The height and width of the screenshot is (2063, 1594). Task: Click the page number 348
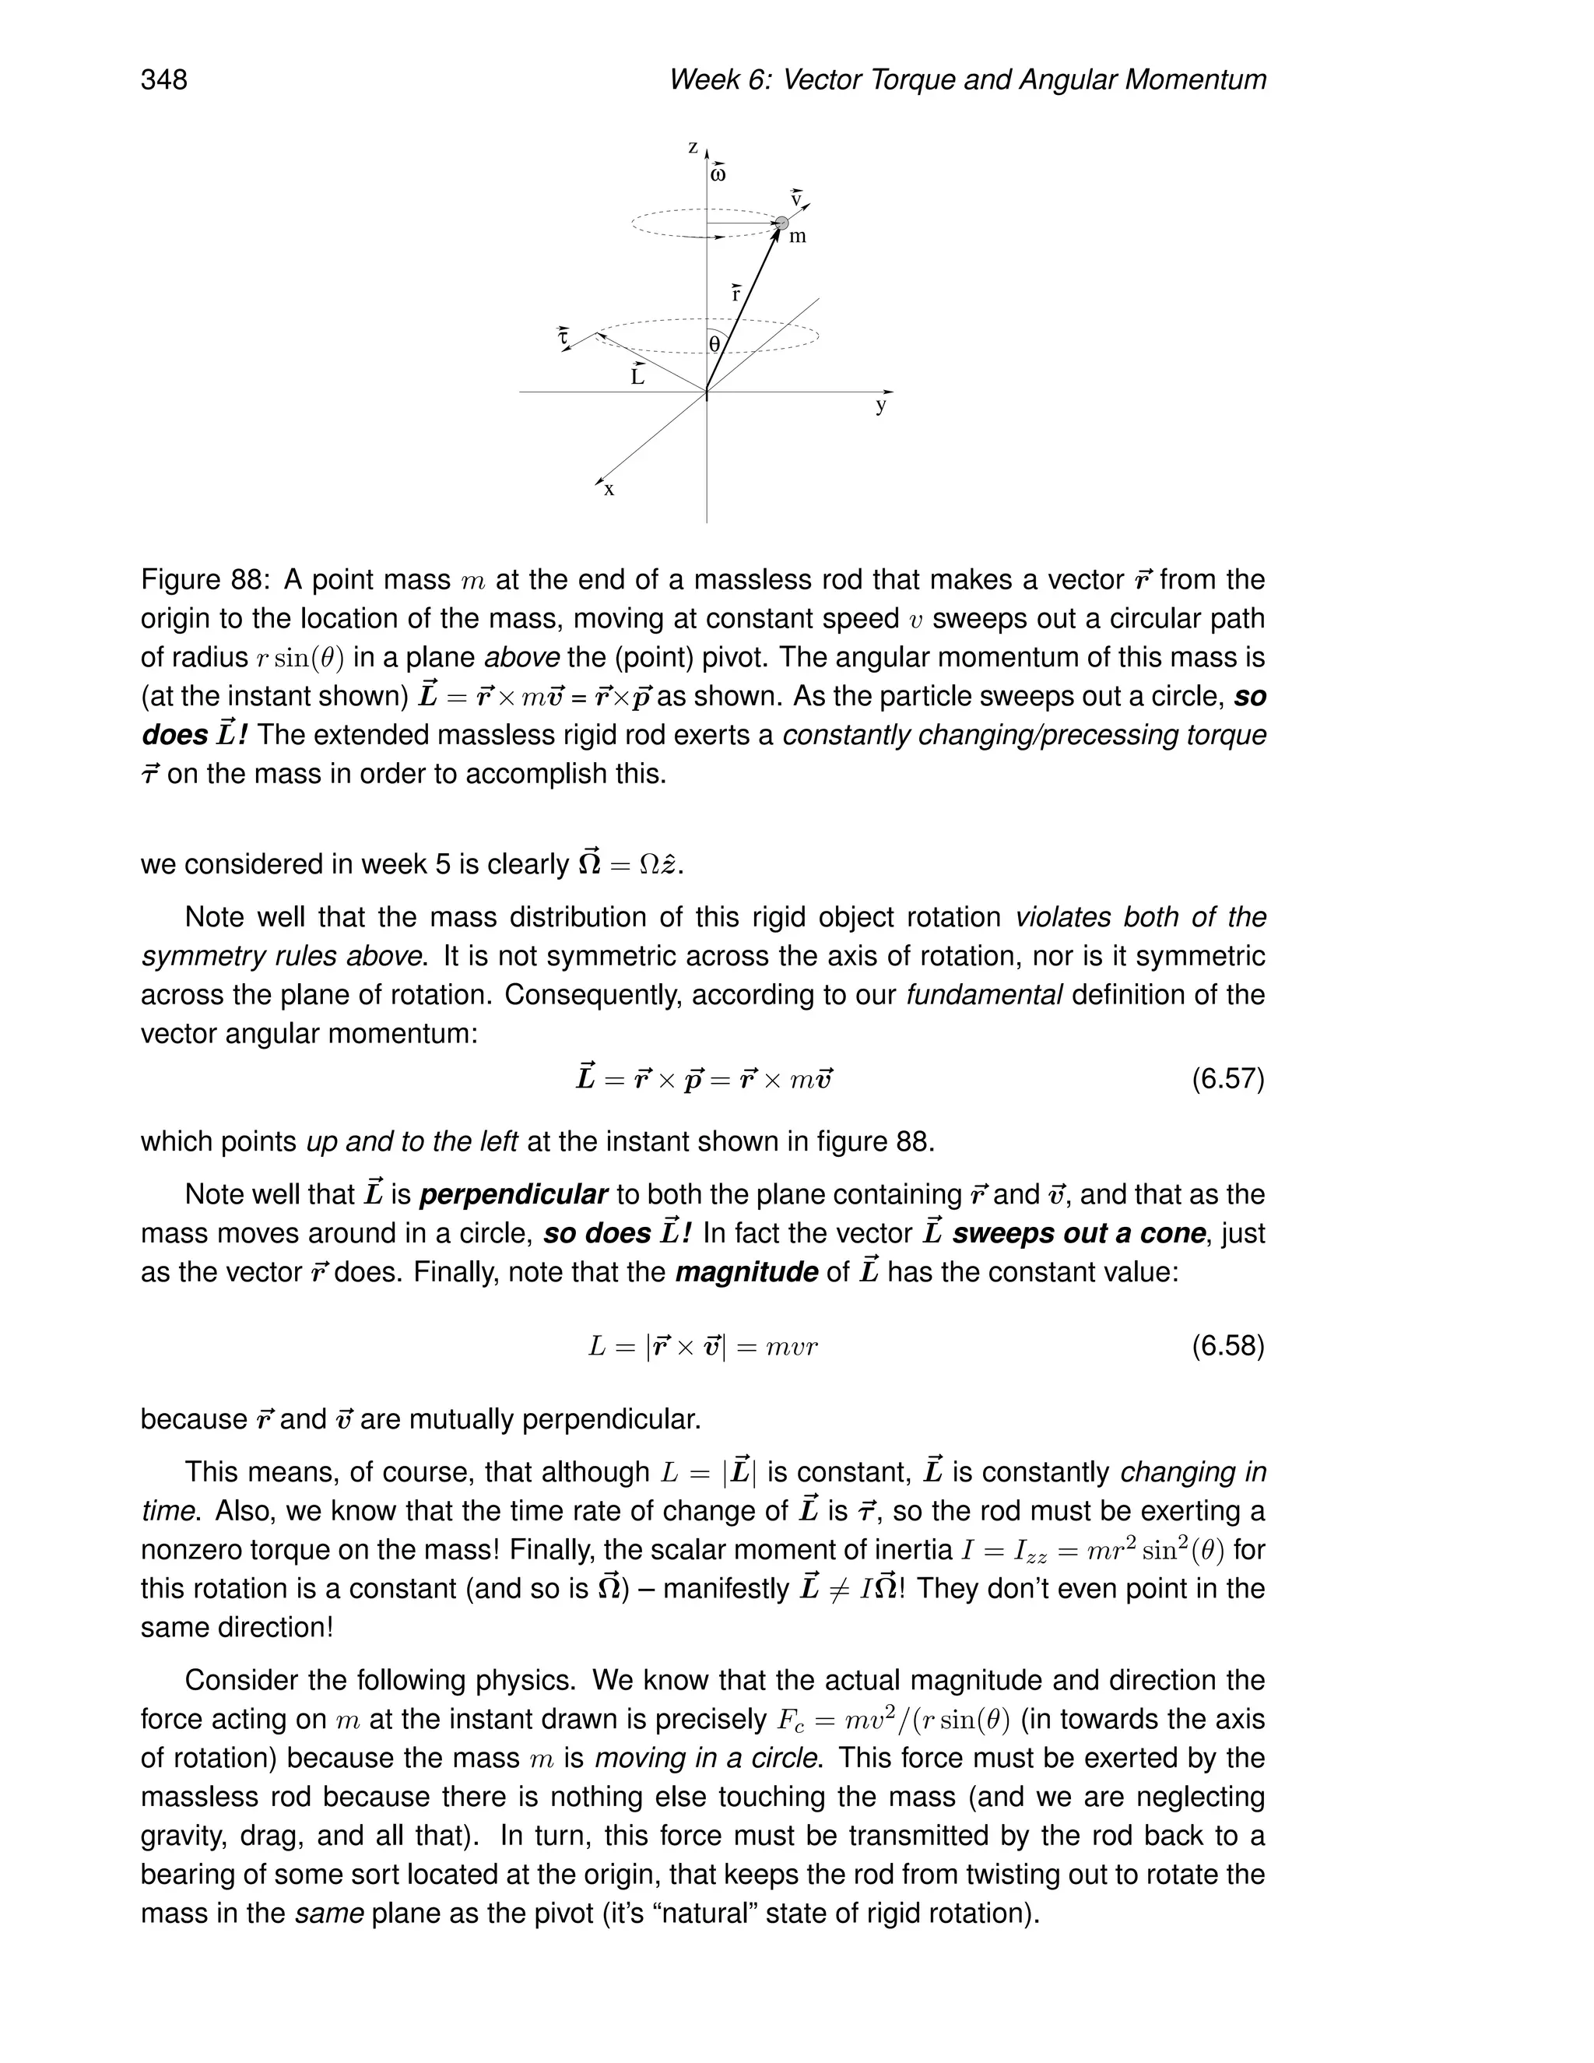(x=164, y=80)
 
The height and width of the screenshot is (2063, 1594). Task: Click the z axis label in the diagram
(x=692, y=148)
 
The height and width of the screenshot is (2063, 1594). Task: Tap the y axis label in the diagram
(x=880, y=406)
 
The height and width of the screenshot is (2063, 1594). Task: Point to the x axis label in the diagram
(x=609, y=490)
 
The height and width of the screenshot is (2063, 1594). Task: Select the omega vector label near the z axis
(x=718, y=174)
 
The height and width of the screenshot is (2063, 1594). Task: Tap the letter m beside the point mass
(x=798, y=237)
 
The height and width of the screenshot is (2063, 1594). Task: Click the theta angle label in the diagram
(x=714, y=345)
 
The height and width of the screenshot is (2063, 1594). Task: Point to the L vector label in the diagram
(x=638, y=376)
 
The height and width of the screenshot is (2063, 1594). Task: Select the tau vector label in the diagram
(x=563, y=336)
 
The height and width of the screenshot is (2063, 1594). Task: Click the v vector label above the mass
(x=796, y=199)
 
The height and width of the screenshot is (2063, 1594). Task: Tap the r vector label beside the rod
(x=736, y=293)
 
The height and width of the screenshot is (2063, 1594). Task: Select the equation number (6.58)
(x=1227, y=1345)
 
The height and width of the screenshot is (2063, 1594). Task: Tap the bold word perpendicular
(x=513, y=1195)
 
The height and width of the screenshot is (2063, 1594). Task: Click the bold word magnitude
(x=746, y=1272)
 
